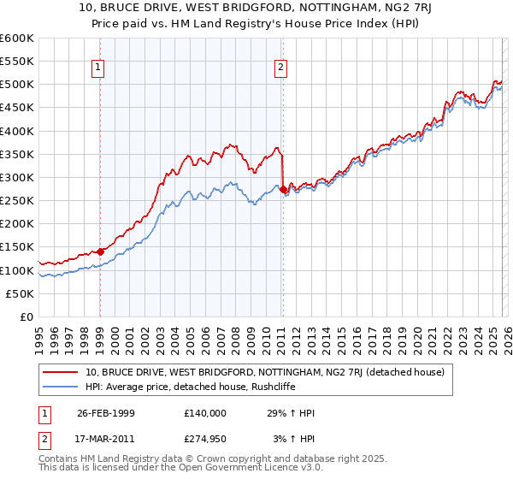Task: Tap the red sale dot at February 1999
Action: coord(100,251)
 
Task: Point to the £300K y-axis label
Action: coord(17,177)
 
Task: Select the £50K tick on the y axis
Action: coord(21,293)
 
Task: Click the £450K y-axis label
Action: coord(17,108)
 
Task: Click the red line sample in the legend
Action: coord(62,372)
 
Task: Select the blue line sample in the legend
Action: coord(62,387)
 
